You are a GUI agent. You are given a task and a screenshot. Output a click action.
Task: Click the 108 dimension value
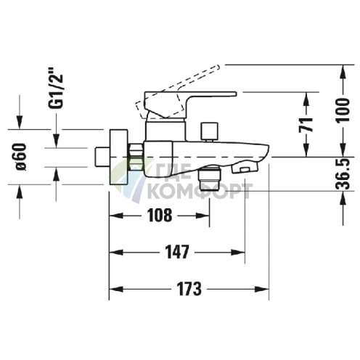click(x=159, y=216)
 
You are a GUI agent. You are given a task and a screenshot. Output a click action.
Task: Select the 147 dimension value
click(x=176, y=253)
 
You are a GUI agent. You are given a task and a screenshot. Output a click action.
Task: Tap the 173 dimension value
click(x=188, y=288)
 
